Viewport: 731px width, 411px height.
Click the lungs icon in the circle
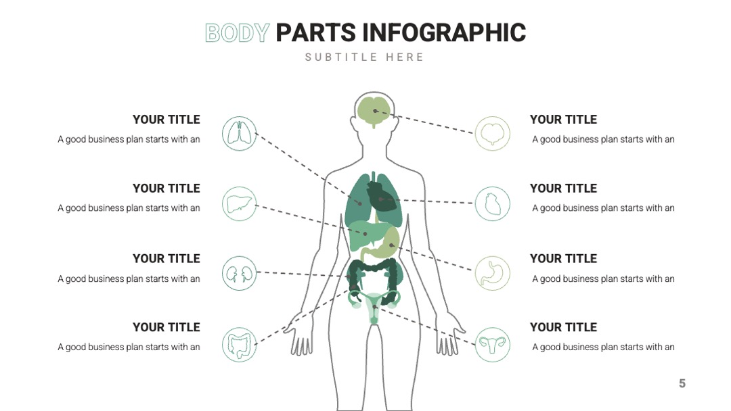pyautogui.click(x=239, y=134)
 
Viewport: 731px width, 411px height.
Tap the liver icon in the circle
pyautogui.click(x=239, y=204)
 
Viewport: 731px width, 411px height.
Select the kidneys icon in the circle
pyautogui.click(x=239, y=273)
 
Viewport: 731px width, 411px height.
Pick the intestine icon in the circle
pyautogui.click(x=239, y=345)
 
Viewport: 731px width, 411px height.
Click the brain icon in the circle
pyautogui.click(x=492, y=134)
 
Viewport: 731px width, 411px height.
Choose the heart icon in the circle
pyautogui.click(x=492, y=204)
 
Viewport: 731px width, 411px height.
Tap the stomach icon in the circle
pyautogui.click(x=492, y=273)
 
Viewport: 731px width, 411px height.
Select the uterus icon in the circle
pyautogui.click(x=492, y=345)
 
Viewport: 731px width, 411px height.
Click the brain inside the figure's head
pyautogui.click(x=374, y=111)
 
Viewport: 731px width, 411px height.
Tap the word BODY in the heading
pyautogui.click(x=238, y=33)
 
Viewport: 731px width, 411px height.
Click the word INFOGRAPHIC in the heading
pyautogui.click(x=444, y=33)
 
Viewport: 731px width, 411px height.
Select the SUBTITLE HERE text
pyautogui.click(x=364, y=57)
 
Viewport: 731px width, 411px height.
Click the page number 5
pyautogui.click(x=682, y=383)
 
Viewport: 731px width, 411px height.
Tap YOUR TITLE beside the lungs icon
pyautogui.click(x=167, y=120)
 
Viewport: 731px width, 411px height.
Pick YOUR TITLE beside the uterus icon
pyautogui.click(x=563, y=327)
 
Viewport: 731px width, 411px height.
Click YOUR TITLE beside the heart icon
pyautogui.click(x=563, y=189)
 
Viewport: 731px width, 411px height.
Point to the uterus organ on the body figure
pyautogui.click(x=374, y=306)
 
